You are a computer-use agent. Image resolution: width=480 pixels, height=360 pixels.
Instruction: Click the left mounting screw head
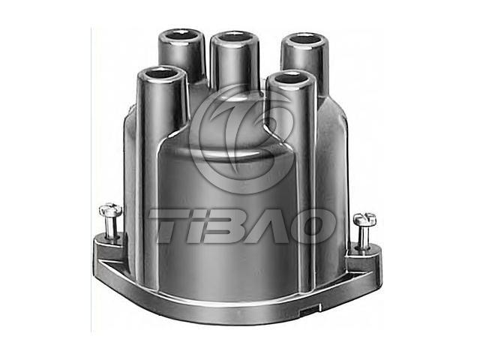pyautogui.click(x=110, y=210)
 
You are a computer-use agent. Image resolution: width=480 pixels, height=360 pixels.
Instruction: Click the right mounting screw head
pyautogui.click(x=364, y=220)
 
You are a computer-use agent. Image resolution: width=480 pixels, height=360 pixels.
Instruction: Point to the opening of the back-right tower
pyautogui.click(x=305, y=39)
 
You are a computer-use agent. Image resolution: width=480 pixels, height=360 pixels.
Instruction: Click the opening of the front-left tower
pyautogui.click(x=161, y=73)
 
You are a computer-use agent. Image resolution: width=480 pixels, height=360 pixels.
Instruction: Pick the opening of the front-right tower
pyautogui.click(x=292, y=77)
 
